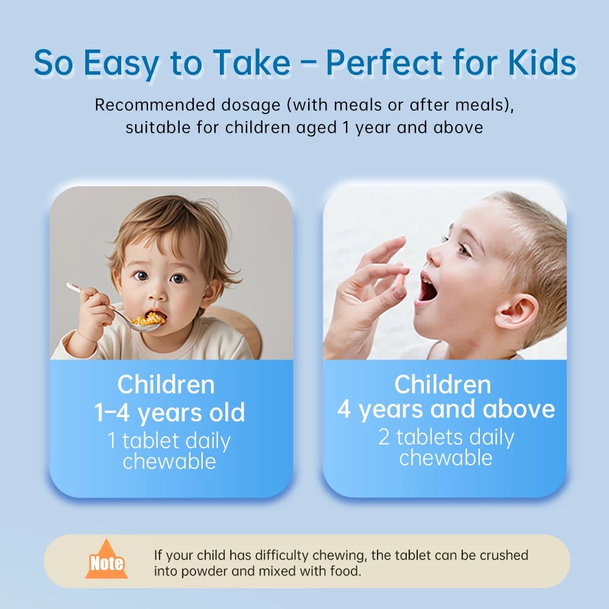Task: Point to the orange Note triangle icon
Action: (107, 561)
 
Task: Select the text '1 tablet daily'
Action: (169, 441)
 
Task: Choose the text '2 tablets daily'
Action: (446, 437)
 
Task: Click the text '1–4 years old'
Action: (169, 413)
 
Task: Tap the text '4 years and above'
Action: (446, 409)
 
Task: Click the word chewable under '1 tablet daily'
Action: (169, 462)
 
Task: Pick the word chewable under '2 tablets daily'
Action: (446, 458)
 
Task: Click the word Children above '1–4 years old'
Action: (166, 385)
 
